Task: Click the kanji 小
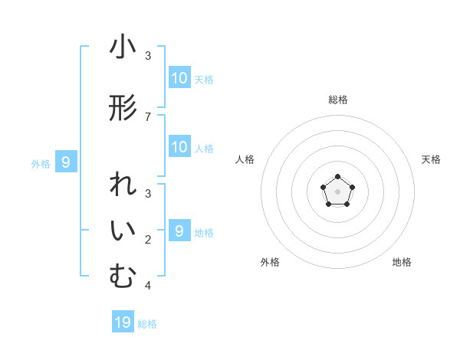point(123,47)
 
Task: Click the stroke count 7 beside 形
point(148,116)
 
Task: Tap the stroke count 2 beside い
point(148,240)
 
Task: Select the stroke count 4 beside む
point(148,286)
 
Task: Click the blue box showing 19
point(123,322)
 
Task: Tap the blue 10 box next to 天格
point(179,78)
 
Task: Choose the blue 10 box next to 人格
point(179,147)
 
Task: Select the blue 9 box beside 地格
point(179,231)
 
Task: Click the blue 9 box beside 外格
point(66,162)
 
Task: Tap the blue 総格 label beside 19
point(147,324)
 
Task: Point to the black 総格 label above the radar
point(337,100)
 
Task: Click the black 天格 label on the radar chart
point(432,159)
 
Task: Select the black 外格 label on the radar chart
point(270,262)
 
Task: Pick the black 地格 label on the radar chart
point(402,262)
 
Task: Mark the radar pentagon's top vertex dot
point(337,178)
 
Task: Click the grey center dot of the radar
point(337,191)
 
